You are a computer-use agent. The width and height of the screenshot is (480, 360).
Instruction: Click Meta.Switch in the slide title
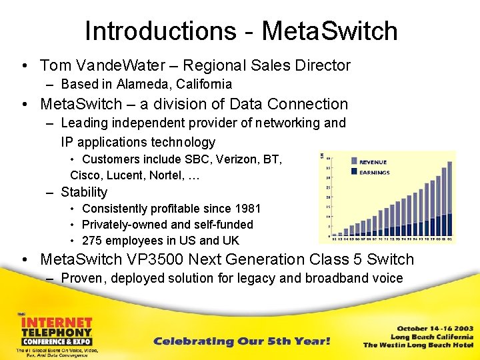pos(329,31)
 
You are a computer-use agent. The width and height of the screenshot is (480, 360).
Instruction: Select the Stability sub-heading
pos(84,192)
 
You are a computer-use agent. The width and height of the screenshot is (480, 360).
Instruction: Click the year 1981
pos(246,209)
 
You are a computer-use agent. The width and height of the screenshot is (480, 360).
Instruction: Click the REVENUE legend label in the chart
pos(373,162)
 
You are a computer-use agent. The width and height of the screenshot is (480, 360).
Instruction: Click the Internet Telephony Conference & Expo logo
pos(55,333)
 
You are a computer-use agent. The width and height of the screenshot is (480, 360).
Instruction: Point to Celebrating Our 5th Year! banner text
pos(242,341)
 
